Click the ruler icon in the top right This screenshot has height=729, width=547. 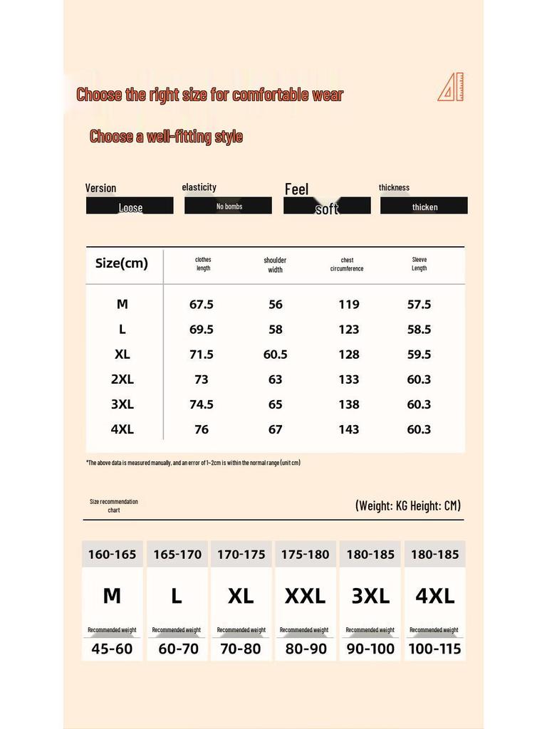tap(451, 88)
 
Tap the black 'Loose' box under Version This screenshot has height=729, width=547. tap(130, 206)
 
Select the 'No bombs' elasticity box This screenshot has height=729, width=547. tap(229, 206)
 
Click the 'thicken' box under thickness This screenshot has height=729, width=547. tap(424, 206)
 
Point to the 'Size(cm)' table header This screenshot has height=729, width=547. tap(122, 263)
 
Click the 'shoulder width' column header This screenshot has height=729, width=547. tap(275, 265)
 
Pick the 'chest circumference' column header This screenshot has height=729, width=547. tap(347, 264)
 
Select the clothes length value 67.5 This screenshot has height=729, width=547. tap(202, 305)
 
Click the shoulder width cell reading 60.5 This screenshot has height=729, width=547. tap(275, 355)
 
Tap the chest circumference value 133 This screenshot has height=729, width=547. tap(348, 379)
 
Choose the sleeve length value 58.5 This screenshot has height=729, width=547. tap(419, 330)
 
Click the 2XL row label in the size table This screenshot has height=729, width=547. tap(122, 379)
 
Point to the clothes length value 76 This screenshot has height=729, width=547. tap(202, 429)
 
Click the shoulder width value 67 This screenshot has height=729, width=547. tap(275, 429)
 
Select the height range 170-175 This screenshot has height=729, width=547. tap(241, 555)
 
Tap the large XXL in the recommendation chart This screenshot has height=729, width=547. tap(305, 597)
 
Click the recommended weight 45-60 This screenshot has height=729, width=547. tap(112, 649)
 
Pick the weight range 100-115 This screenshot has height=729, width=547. tap(434, 649)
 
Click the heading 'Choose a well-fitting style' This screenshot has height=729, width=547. tap(166, 137)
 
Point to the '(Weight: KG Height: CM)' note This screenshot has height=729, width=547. tap(407, 505)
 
